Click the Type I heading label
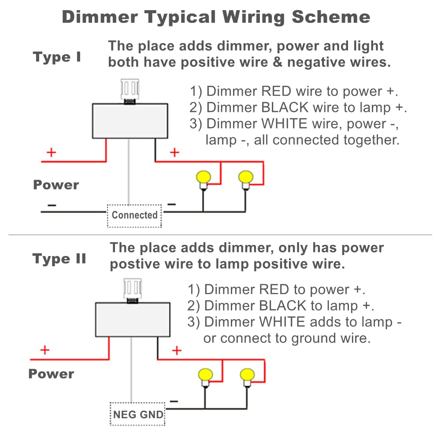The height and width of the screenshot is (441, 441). click(x=57, y=57)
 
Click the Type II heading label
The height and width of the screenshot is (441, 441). click(x=59, y=259)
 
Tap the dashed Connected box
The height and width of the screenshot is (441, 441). click(x=134, y=215)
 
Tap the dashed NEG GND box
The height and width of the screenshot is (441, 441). click(x=138, y=415)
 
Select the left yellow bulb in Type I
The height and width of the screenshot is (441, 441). click(x=203, y=178)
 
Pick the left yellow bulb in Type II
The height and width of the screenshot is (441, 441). click(x=206, y=375)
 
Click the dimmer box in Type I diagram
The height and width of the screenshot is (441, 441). click(x=130, y=121)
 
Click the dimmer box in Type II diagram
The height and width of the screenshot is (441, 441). click(x=133, y=319)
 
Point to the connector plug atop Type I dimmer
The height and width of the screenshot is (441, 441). click(x=130, y=90)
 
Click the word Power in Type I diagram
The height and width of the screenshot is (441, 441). click(x=56, y=185)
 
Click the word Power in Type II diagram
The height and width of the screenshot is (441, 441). click(x=51, y=374)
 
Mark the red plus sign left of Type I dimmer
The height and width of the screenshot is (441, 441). click(x=52, y=152)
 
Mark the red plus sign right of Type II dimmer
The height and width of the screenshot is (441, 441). click(x=176, y=350)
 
